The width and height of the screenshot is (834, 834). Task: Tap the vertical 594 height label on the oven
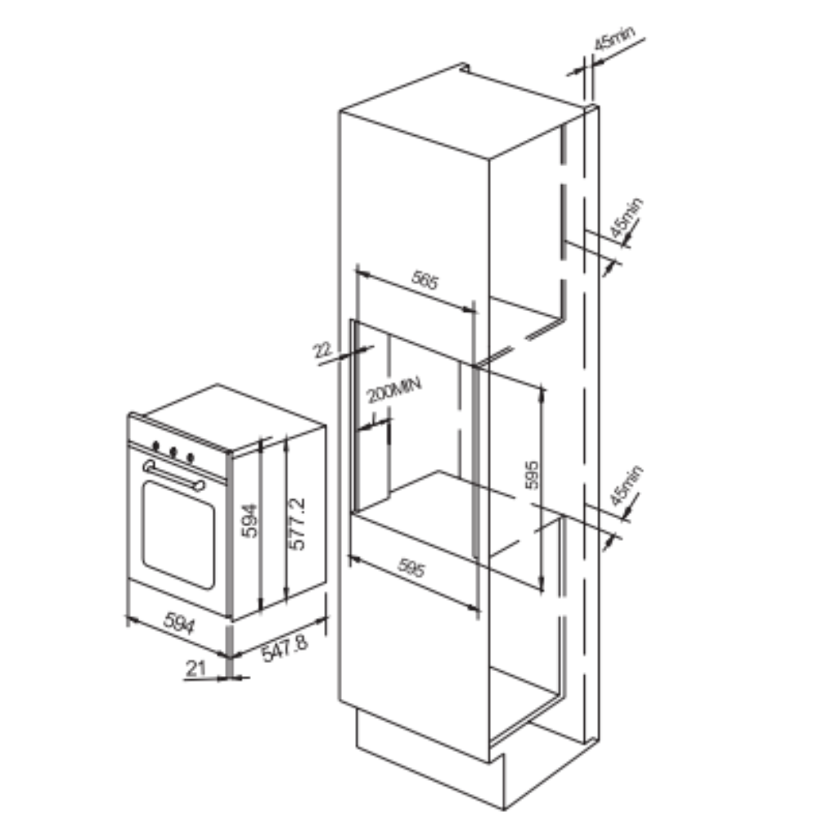click(x=249, y=520)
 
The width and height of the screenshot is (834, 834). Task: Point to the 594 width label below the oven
click(x=179, y=623)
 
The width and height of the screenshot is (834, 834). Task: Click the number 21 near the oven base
click(x=195, y=668)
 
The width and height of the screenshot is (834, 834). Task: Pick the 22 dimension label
click(x=322, y=350)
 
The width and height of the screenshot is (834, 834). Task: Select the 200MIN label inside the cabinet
click(x=394, y=390)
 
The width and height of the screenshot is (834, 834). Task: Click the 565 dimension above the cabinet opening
click(x=425, y=280)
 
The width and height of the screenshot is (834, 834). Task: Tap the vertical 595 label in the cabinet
click(x=531, y=475)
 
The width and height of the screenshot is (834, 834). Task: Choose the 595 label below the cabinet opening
click(x=411, y=568)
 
